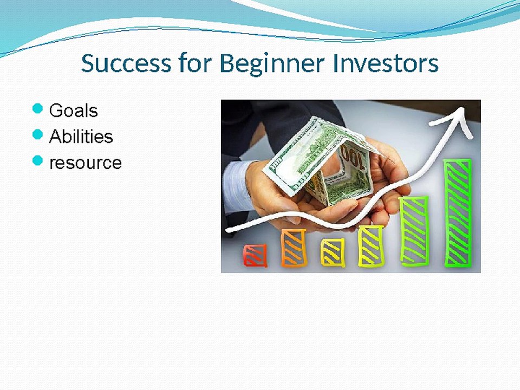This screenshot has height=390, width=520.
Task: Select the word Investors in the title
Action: (385, 64)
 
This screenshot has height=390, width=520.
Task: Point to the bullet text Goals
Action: (73, 110)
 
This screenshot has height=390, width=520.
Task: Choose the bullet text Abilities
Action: (81, 136)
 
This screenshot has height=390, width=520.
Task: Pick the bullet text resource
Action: (85, 162)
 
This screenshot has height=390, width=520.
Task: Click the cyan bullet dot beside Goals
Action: (37, 108)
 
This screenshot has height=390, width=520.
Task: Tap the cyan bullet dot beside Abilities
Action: (37, 134)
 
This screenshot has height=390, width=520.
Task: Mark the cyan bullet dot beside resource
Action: (37, 160)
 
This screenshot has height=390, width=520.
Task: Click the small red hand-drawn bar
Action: (255, 255)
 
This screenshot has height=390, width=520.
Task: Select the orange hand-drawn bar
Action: (293, 248)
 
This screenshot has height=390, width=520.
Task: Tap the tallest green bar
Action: (458, 212)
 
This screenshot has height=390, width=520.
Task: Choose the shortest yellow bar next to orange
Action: (332, 252)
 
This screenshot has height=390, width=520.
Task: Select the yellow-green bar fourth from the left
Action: (371, 245)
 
